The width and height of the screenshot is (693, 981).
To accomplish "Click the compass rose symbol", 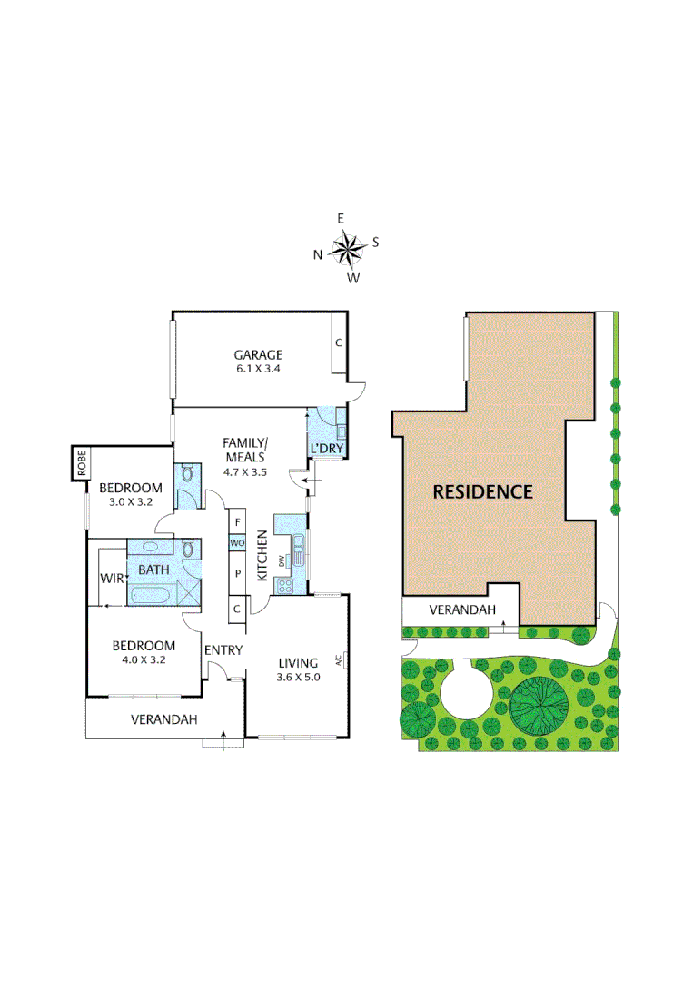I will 346,248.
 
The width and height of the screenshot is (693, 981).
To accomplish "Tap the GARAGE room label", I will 258,355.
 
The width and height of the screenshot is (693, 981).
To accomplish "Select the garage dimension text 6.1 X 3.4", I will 258,370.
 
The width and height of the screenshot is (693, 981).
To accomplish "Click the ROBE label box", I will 82,464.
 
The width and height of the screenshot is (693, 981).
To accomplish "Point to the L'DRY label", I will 326,450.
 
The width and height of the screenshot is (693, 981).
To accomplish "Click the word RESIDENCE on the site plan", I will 482,492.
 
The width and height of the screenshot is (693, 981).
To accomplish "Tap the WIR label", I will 112,577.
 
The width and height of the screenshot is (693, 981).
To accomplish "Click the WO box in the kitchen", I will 237,543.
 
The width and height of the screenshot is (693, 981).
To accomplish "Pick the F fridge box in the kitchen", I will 237,522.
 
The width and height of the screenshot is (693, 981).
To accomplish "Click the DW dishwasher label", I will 282,561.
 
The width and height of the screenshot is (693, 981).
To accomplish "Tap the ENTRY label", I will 223,650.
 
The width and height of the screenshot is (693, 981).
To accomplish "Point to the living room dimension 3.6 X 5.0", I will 300,676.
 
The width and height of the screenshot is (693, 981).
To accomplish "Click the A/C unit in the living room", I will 339,659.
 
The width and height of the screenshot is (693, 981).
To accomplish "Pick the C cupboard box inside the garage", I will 338,343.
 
